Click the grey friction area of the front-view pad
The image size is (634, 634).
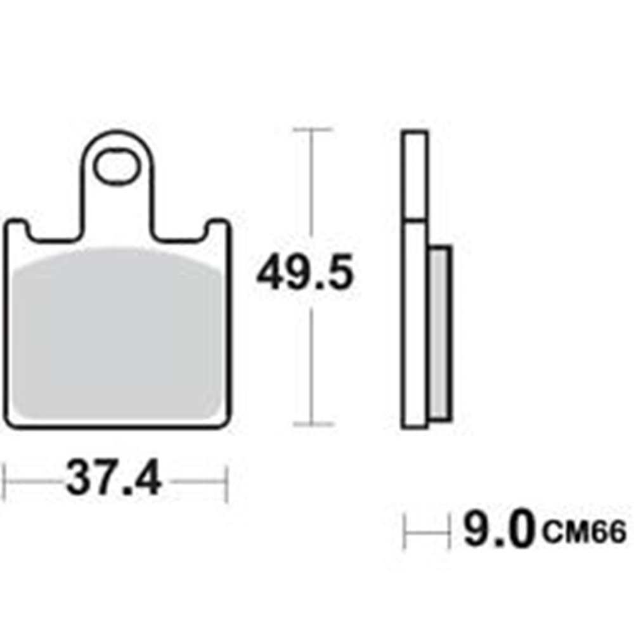[117, 336]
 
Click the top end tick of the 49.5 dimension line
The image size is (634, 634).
[312, 129]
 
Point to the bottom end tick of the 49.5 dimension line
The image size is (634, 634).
[312, 424]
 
